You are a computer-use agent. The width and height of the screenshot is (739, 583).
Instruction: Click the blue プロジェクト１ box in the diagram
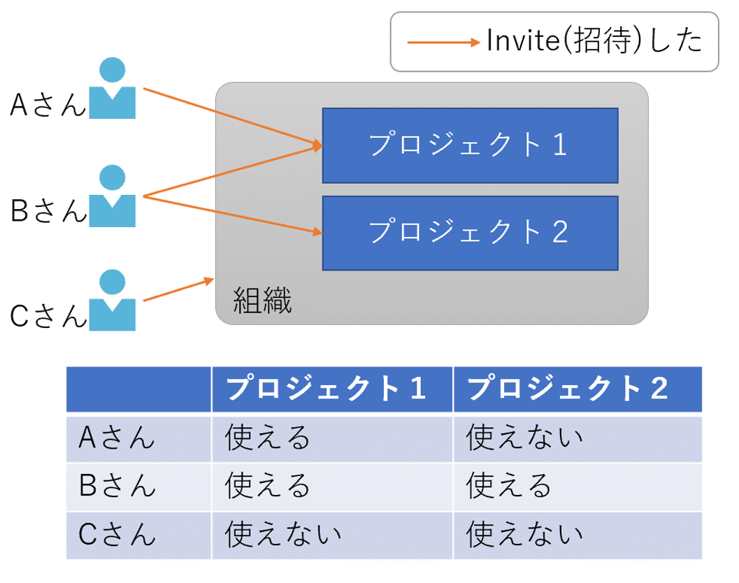coord(470,145)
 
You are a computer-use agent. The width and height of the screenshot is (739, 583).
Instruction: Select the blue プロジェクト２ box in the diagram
coord(470,233)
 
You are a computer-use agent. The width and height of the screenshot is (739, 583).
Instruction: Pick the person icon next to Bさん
coord(113,196)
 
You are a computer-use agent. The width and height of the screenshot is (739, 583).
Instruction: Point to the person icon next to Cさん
coord(113,301)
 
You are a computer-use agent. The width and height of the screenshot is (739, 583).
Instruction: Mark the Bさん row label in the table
coord(117,486)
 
